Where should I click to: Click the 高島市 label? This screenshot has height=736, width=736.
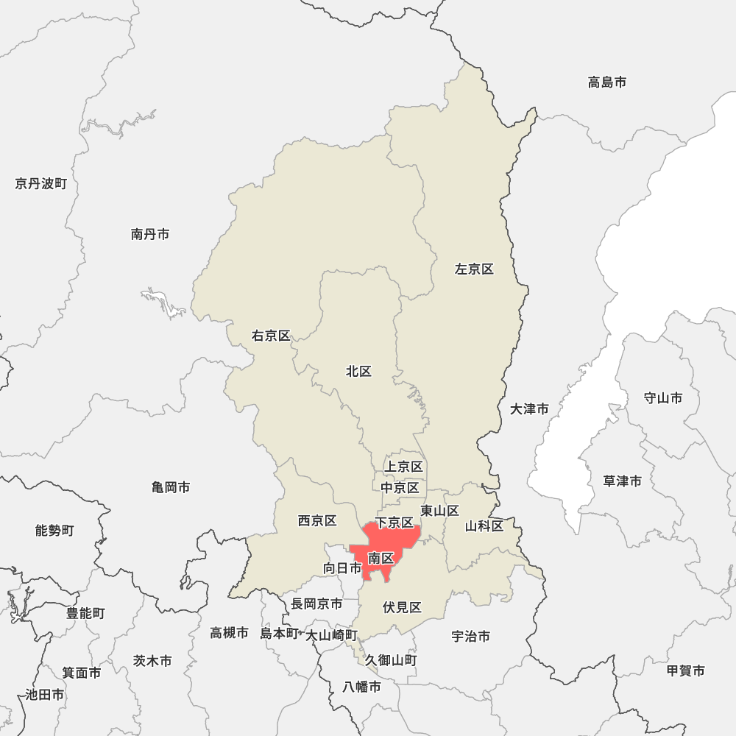coord(607,82)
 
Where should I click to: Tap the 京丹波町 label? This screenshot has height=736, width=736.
coord(40,183)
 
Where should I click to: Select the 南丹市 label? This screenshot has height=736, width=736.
coord(150,234)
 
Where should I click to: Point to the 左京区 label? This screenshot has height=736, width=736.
coord(474,269)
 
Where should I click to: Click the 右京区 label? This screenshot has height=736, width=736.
coord(271,336)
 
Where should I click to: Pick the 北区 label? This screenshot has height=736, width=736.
coord(358,372)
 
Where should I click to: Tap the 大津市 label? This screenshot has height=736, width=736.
coord(529,408)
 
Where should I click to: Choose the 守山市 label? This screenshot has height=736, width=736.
coord(662,398)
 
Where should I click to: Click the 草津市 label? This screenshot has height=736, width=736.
coord(622,481)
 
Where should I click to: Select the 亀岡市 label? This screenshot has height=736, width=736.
coord(171,487)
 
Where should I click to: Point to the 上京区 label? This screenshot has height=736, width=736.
coord(403,467)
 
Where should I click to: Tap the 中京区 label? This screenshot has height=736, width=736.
coord(400,487)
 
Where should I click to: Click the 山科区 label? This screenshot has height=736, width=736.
coord(484,526)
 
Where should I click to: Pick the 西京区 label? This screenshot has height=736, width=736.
coord(317,521)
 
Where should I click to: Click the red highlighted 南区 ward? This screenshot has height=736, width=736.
coord(382,558)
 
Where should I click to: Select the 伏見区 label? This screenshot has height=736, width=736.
coord(402,607)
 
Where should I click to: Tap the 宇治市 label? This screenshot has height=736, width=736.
coord(470,636)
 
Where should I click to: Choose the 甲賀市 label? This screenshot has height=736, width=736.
coord(685,670)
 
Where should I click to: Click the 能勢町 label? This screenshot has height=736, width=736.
coord(54,530)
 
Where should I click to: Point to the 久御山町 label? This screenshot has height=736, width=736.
coord(390,660)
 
